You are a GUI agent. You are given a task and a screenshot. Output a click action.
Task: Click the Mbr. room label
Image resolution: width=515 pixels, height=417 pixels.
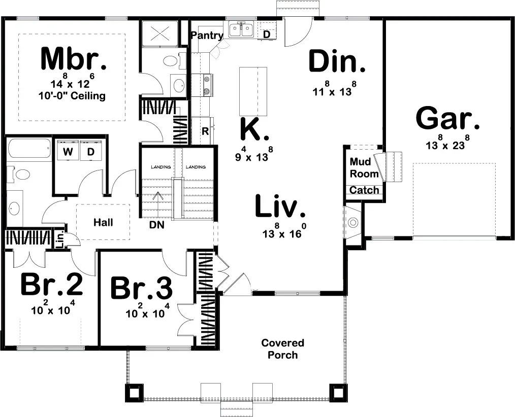click(x=74, y=59)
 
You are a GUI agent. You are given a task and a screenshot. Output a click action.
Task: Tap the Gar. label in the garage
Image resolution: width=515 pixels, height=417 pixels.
click(x=448, y=120)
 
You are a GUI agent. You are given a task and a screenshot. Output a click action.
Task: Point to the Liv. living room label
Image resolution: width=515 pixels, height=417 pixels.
click(x=280, y=207)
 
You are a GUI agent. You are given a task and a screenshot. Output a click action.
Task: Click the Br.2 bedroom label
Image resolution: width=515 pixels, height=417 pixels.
click(x=51, y=285)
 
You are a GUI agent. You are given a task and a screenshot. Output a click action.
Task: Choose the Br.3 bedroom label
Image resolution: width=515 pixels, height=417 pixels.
click(x=141, y=289)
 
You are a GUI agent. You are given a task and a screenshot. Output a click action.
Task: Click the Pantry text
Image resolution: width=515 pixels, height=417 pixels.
click(x=207, y=36)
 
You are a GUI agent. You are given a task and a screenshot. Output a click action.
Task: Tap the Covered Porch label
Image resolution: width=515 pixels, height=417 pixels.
click(x=283, y=349)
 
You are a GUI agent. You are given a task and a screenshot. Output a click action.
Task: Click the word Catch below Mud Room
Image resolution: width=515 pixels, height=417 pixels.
click(x=364, y=190)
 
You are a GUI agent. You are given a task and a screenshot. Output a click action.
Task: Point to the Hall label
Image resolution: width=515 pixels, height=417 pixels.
click(x=103, y=222)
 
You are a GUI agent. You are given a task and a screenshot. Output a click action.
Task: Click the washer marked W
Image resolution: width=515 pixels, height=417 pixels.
click(x=68, y=151)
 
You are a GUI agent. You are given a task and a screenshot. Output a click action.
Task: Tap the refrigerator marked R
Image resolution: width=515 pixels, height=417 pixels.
click(x=205, y=131)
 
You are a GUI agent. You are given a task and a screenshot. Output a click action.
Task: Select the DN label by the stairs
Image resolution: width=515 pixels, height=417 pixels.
click(x=156, y=225)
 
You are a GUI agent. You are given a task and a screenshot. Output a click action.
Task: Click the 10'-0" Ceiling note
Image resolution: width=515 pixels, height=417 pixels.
click(x=72, y=96)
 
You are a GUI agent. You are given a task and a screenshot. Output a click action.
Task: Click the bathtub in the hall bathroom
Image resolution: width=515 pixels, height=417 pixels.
click(x=29, y=151)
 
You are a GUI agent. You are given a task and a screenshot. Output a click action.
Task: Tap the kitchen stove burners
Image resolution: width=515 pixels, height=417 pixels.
click(x=207, y=85)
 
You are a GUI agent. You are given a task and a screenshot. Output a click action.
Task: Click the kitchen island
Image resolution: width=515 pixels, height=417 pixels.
click(x=253, y=91)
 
